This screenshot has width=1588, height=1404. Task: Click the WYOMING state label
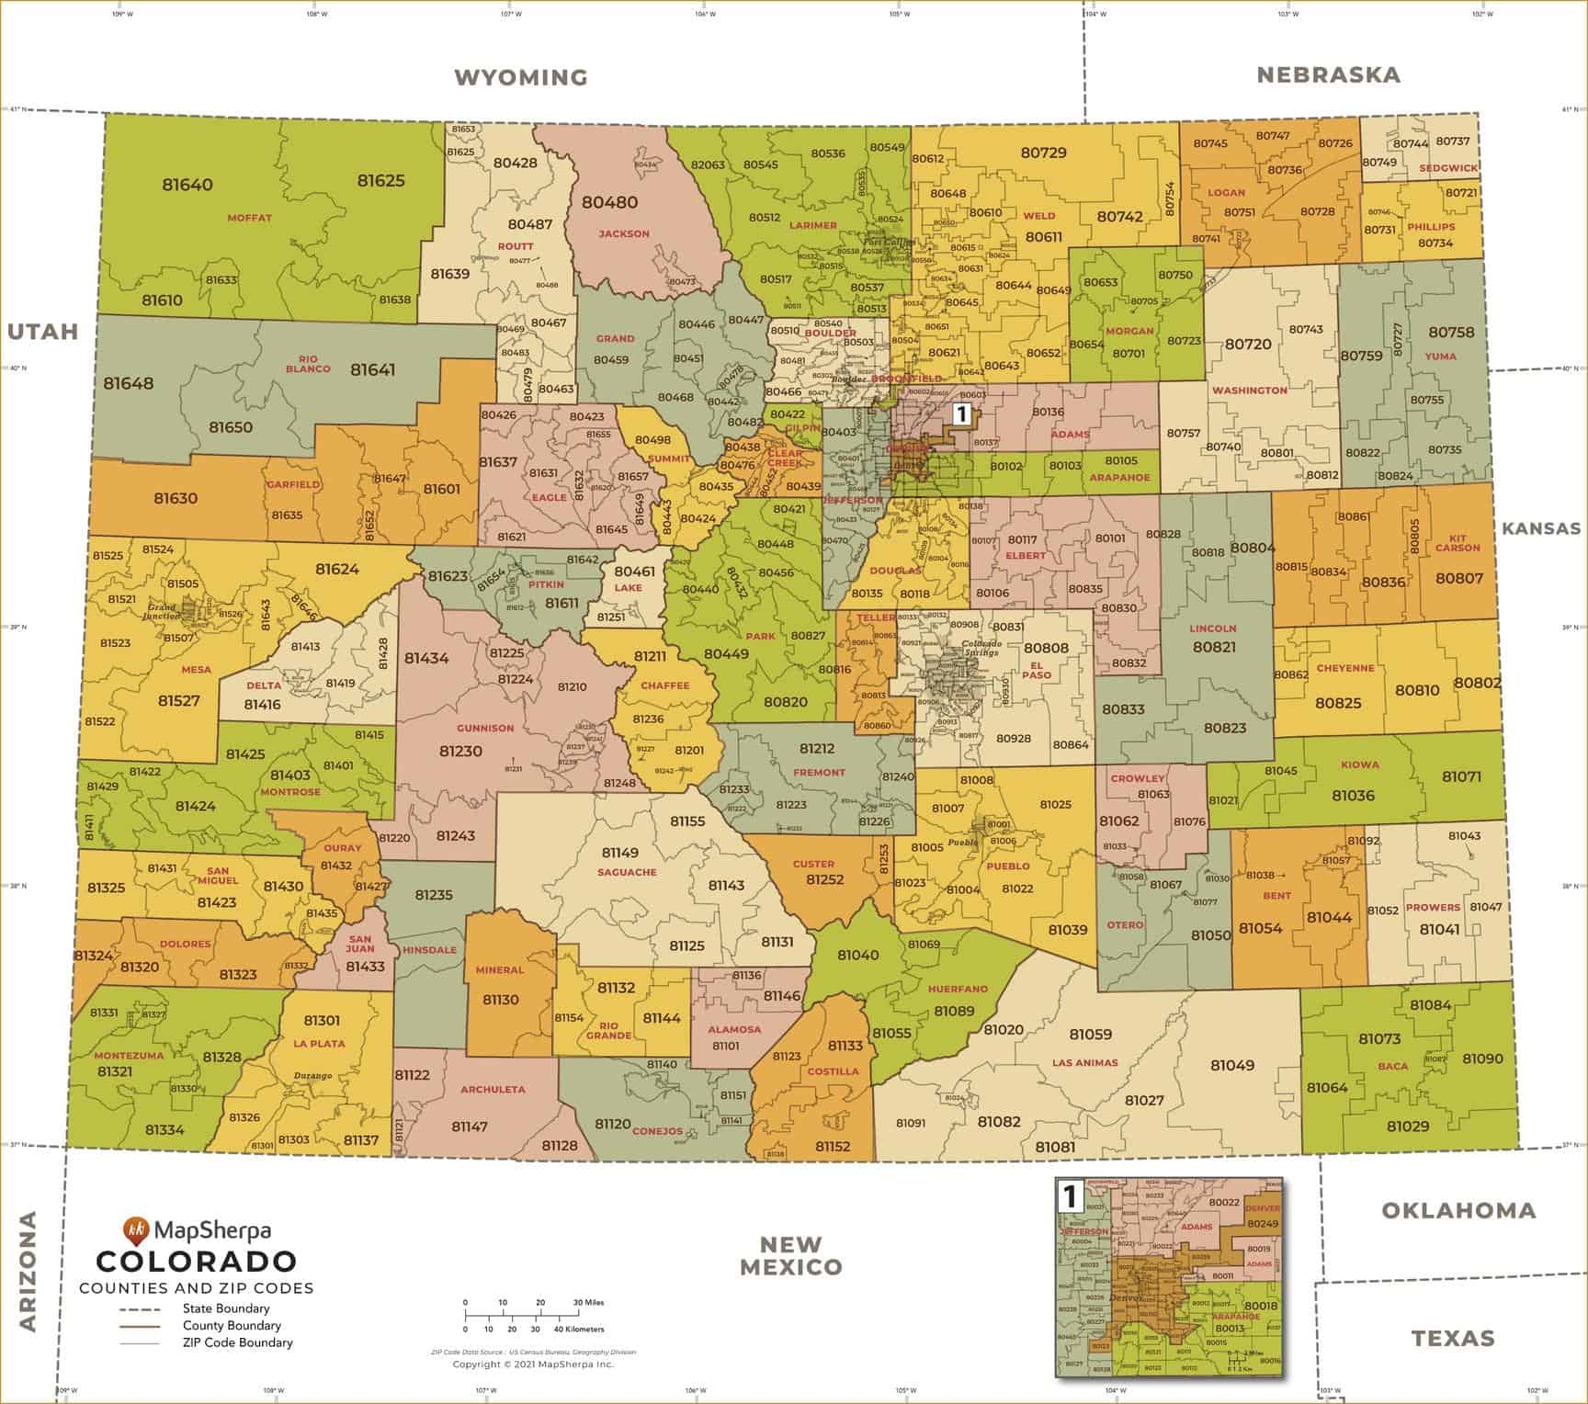click(521, 77)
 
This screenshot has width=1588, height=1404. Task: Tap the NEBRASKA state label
click(1328, 74)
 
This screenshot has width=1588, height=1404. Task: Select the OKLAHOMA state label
click(1458, 1210)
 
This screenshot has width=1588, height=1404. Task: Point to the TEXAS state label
click(1453, 1338)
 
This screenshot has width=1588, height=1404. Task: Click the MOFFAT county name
click(250, 218)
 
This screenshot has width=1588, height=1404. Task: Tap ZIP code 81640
click(187, 184)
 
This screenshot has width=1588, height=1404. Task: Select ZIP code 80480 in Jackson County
click(609, 202)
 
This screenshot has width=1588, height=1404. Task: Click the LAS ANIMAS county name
click(1084, 1062)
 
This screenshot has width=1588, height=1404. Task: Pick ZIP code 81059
click(1090, 1035)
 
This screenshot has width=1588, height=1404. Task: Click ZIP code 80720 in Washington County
click(1248, 344)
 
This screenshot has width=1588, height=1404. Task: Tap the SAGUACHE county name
click(627, 872)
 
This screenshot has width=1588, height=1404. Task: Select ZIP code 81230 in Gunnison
click(460, 751)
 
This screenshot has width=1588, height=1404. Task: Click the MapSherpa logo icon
click(135, 1228)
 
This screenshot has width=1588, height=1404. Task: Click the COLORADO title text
click(196, 1262)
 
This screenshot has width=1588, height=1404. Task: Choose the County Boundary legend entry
click(232, 1325)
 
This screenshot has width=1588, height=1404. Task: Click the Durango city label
click(312, 1075)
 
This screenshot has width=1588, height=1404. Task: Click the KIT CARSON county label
click(1458, 542)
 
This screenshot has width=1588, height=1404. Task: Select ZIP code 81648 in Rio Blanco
click(129, 383)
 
